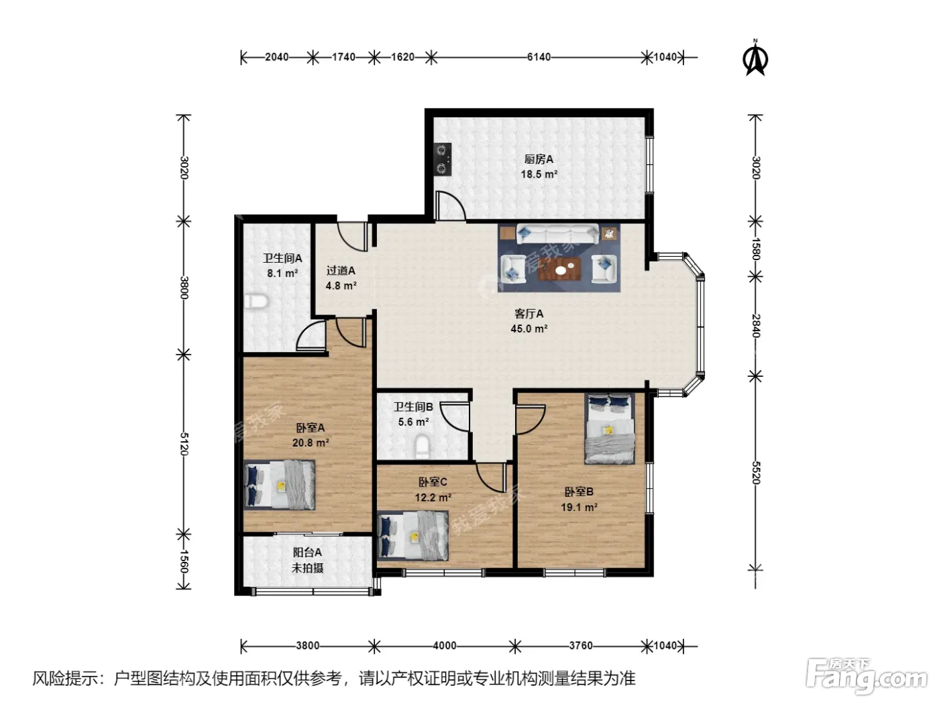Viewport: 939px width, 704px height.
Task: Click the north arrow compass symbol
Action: [x=755, y=58]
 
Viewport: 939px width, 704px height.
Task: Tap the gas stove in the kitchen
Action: [x=443, y=159]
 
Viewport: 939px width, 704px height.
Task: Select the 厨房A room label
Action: [x=539, y=160]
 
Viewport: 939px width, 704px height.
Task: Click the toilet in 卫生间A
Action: [x=256, y=301]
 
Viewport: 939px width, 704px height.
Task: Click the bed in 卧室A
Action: [x=280, y=485]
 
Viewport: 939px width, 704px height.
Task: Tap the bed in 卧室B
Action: [x=609, y=428]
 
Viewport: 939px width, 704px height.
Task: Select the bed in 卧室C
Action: [x=413, y=536]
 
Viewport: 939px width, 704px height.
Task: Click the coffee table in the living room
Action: [x=559, y=269]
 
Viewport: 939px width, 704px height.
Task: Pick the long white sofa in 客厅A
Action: [x=558, y=234]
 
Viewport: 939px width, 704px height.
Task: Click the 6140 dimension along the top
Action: [x=539, y=57]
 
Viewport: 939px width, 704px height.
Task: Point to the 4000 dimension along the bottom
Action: [x=445, y=646]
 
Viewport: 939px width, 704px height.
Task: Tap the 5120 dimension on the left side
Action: [x=184, y=444]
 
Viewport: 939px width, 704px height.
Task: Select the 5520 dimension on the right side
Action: [x=755, y=472]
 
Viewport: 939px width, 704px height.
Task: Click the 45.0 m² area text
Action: [x=529, y=329]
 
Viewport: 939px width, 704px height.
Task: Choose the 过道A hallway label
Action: [x=341, y=270]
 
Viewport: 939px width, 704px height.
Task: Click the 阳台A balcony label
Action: [x=307, y=552]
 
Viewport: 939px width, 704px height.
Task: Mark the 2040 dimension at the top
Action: [x=277, y=57]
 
